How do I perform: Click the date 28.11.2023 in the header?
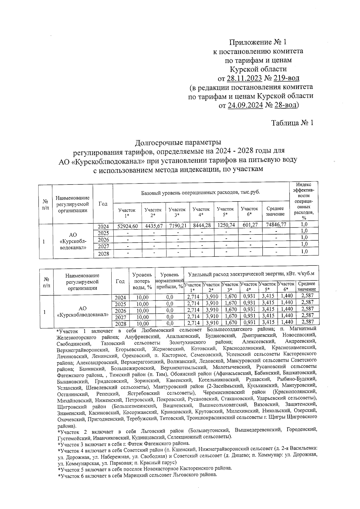(x=244, y=79)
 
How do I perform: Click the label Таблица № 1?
(x=292, y=123)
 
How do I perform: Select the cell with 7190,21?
(x=177, y=226)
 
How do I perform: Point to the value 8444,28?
(x=201, y=226)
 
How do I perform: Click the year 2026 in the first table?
(x=103, y=240)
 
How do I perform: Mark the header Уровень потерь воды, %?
(x=142, y=281)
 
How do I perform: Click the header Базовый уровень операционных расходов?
(x=200, y=192)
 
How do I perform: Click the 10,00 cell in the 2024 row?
(x=142, y=298)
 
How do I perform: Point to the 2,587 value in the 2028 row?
(x=307, y=322)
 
